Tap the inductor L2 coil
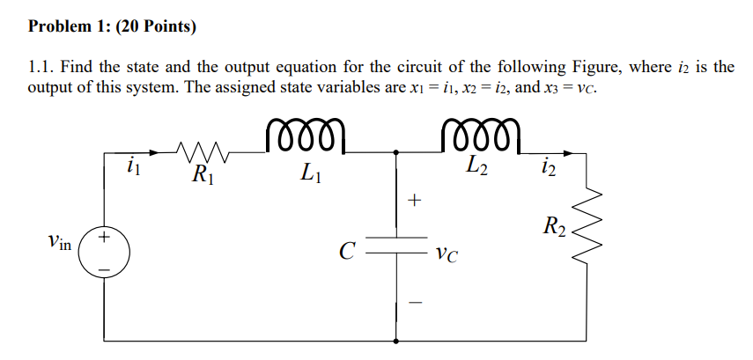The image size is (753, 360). point(484,138)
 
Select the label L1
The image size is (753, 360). point(309,173)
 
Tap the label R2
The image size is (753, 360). point(554,226)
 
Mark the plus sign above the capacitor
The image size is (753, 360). point(416,202)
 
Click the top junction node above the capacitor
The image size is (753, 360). point(395,151)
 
